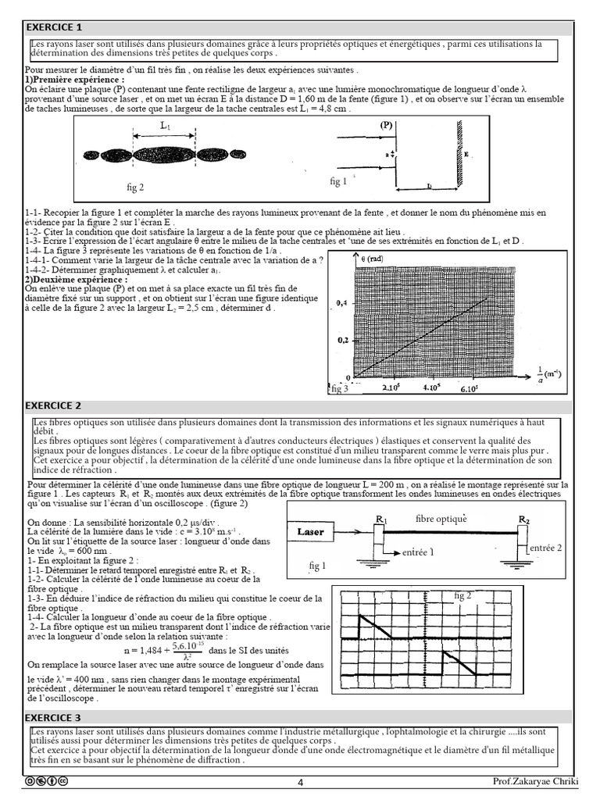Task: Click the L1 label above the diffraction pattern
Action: click(166, 125)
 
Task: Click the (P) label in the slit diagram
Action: click(387, 124)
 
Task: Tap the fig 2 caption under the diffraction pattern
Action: click(135, 187)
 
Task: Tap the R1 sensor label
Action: click(381, 519)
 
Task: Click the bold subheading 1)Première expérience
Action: click(74, 80)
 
